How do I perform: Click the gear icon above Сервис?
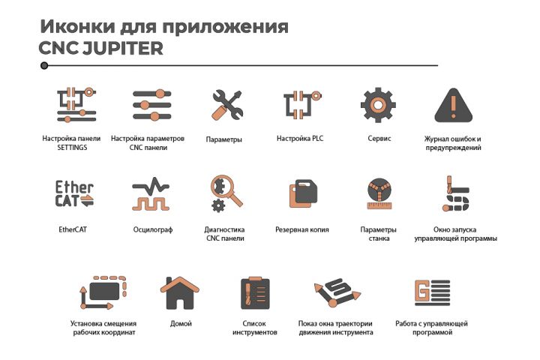pyautogui.click(x=378, y=105)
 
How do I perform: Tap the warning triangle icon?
pyautogui.click(x=453, y=105)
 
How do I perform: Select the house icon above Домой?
pyautogui.click(x=180, y=292)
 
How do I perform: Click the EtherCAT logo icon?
pyautogui.click(x=74, y=193)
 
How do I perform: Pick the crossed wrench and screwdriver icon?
pyautogui.click(x=228, y=105)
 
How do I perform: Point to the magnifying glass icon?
pyautogui.click(x=226, y=190)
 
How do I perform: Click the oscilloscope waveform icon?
pyautogui.click(x=151, y=193)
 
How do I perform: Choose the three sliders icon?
pyautogui.click(x=151, y=105)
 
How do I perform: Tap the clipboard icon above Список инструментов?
pyautogui.click(x=255, y=293)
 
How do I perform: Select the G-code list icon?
pyautogui.click(x=432, y=292)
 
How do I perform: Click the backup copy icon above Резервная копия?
pyautogui.click(x=303, y=193)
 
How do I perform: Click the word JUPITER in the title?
pyautogui.click(x=123, y=48)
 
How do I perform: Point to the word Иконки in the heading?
pyautogui.click(x=77, y=26)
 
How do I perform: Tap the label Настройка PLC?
pyautogui.click(x=300, y=139)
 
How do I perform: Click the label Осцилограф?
pyautogui.click(x=153, y=229)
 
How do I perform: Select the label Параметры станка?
pyautogui.click(x=379, y=234)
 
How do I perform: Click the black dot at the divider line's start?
pyautogui.click(x=44, y=65)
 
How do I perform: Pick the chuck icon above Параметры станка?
pyautogui.click(x=379, y=193)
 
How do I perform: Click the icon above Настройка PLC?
pyautogui.click(x=302, y=105)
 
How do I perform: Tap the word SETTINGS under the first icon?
pyautogui.click(x=72, y=148)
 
